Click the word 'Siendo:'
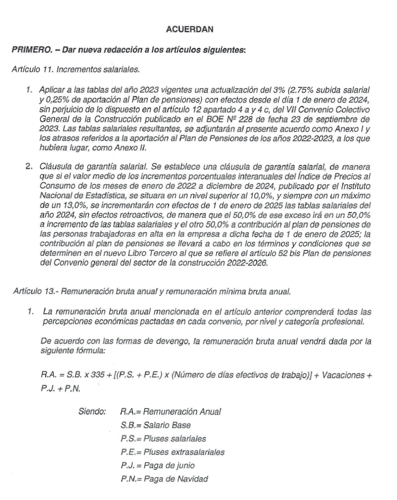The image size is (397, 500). (92, 412)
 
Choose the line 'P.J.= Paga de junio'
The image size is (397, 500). (156, 466)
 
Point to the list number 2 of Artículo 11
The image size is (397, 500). (29, 167)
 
